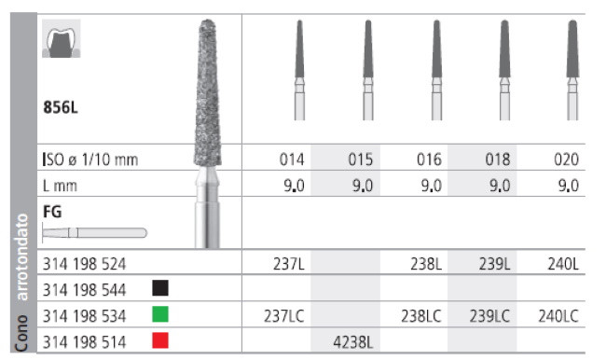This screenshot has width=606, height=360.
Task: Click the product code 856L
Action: [61, 107]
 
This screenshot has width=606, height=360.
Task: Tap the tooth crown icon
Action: [62, 39]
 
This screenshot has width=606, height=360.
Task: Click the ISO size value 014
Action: [292, 159]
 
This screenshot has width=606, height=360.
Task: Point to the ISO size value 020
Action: [565, 159]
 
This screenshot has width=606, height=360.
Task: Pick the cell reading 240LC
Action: [559, 316]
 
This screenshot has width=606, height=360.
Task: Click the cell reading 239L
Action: [494, 264]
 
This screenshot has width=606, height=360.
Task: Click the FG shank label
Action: [52, 212]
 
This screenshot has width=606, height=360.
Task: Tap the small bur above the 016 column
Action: [434, 70]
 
